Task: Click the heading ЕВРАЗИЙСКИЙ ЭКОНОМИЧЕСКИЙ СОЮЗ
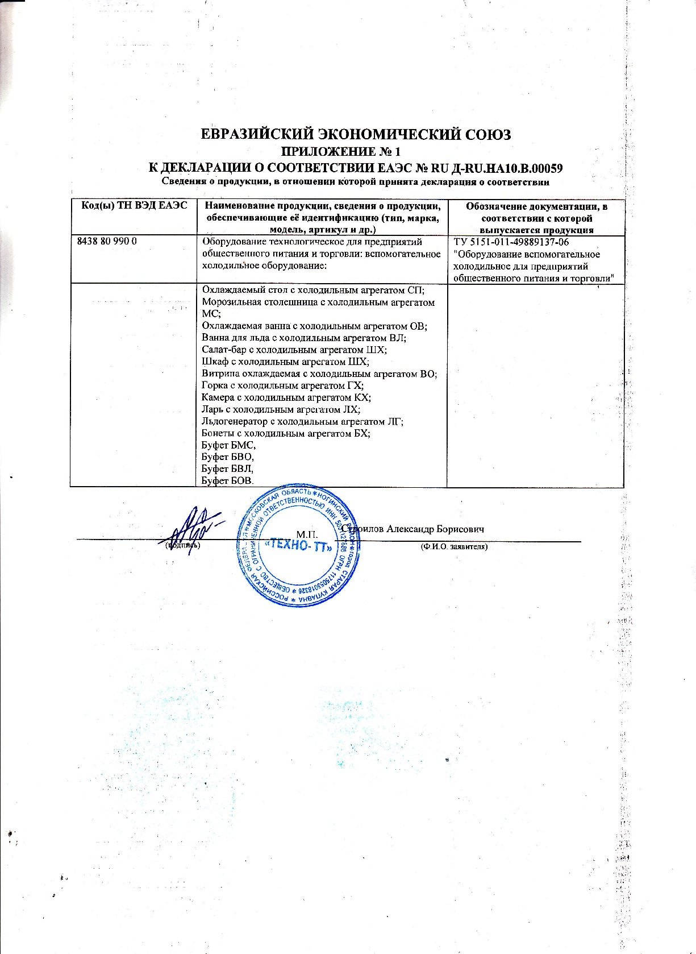point(356,135)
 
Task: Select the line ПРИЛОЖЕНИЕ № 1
point(341,152)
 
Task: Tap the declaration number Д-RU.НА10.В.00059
point(499,168)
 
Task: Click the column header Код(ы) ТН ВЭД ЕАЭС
point(132,206)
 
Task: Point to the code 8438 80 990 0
point(107,242)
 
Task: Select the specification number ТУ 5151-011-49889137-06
point(511,242)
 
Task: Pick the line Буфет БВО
point(228,457)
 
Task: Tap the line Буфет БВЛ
point(227,469)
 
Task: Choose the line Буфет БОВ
point(228,481)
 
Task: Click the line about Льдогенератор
point(302,421)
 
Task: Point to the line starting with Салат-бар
point(294,350)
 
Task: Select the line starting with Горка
point(282,385)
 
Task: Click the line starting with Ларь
point(281,409)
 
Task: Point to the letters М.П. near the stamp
point(307,534)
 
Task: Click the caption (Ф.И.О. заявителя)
point(454,547)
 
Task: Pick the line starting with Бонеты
point(286,433)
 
